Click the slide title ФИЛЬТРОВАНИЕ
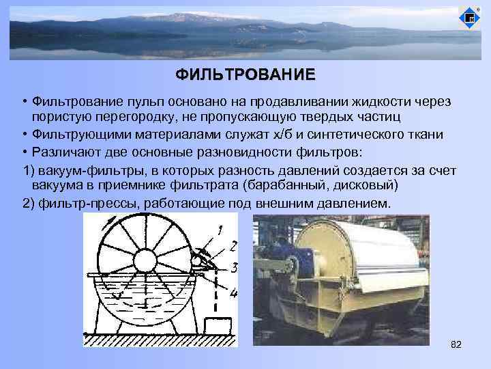245,74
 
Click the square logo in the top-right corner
470,18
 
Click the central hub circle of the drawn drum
145,260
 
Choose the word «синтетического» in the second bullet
369,134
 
